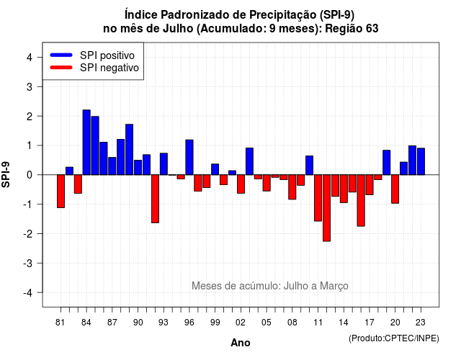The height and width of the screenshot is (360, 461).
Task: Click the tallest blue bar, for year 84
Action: tap(86, 143)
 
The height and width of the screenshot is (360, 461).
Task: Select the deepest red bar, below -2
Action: tap(326, 208)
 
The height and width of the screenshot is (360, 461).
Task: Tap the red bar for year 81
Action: tap(61, 192)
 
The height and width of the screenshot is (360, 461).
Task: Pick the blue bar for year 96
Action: tap(189, 157)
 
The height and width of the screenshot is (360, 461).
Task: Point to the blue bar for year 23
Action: tap(421, 161)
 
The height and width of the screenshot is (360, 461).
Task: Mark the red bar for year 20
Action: tap(395, 189)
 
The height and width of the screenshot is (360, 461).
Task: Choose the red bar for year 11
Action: tap(318, 198)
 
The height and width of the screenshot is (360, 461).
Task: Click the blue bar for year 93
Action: tap(164, 164)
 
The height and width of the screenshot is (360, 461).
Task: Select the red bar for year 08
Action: tap(292, 187)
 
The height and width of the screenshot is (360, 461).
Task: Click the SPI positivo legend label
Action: tap(107, 55)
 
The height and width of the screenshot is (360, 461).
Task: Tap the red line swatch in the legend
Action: tap(61, 67)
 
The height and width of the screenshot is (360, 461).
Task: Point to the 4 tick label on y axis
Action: tap(30, 58)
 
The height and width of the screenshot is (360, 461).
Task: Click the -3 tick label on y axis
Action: tap(28, 263)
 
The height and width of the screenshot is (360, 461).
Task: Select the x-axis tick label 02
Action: tap(241, 323)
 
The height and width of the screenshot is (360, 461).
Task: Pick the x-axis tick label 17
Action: tap(370, 323)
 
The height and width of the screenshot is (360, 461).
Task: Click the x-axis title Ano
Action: tap(241, 343)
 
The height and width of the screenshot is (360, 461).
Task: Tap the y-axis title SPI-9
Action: tap(6, 174)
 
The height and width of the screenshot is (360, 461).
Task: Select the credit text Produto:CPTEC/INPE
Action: tap(394, 338)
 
